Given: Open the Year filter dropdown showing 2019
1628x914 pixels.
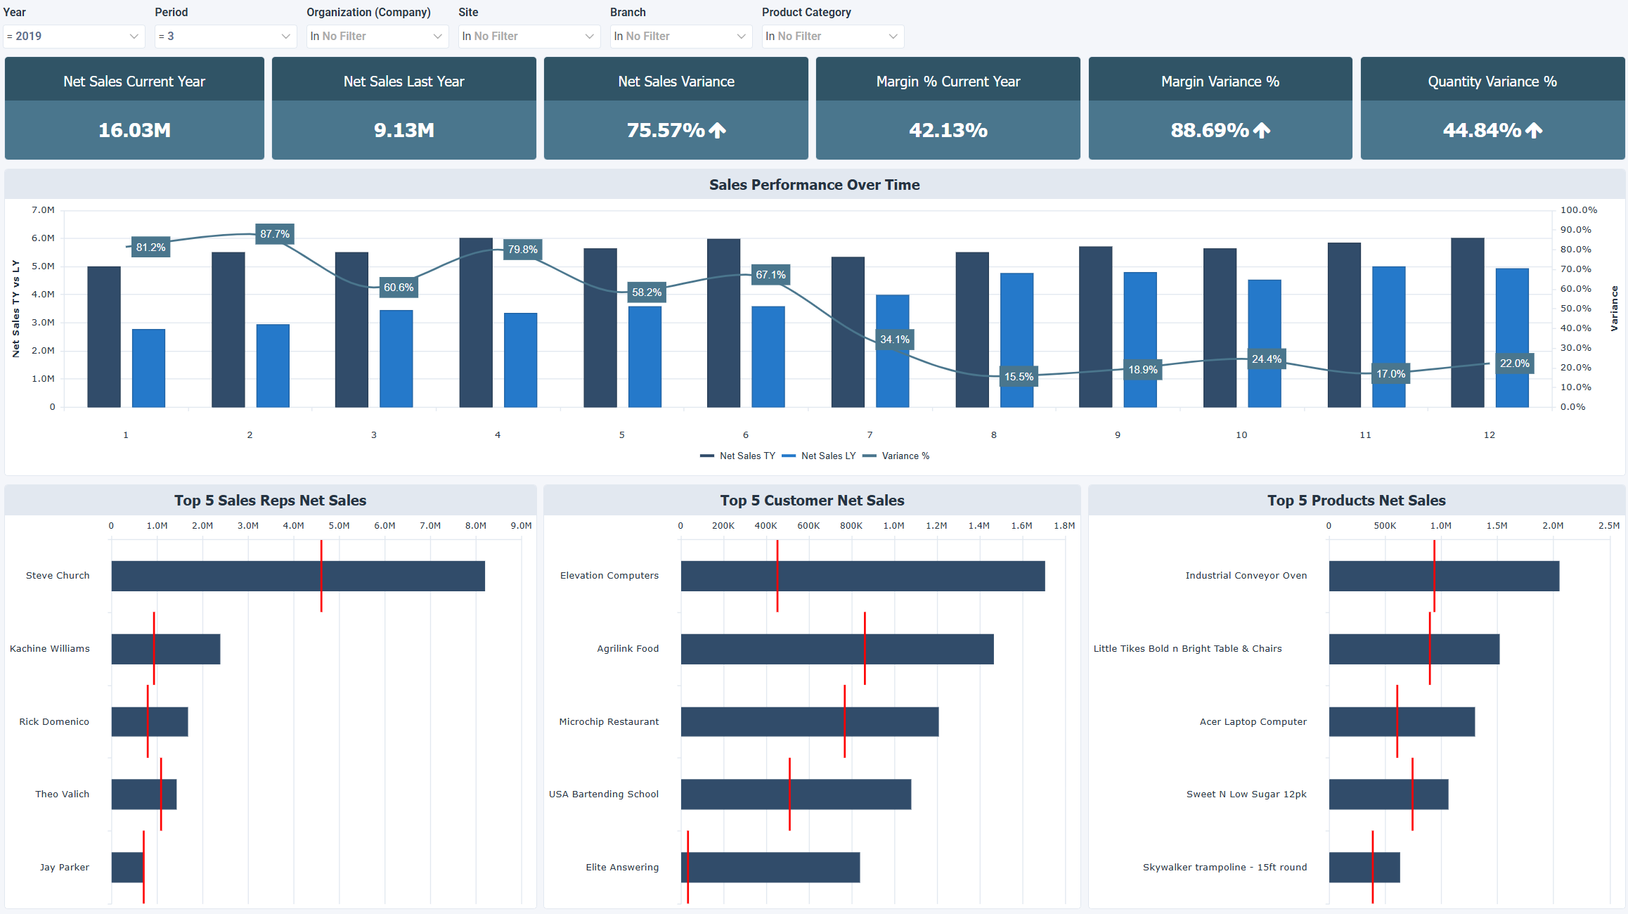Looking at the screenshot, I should pyautogui.click(x=74, y=36).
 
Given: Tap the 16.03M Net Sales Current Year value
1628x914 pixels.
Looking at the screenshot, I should pyautogui.click(x=134, y=130).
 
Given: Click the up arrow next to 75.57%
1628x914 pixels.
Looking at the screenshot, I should pyautogui.click(x=717, y=130).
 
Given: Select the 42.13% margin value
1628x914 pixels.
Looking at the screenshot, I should pyautogui.click(x=948, y=130).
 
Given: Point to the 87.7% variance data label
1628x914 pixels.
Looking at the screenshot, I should pyautogui.click(x=274, y=234).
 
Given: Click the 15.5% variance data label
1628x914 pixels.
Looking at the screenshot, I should pyautogui.click(x=1019, y=377).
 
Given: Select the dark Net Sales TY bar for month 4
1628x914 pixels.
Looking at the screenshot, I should pyautogui.click(x=476, y=323).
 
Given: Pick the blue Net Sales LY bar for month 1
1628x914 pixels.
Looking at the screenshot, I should pyautogui.click(x=148, y=368).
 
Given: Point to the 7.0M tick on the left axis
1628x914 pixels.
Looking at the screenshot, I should pyautogui.click(x=43, y=210).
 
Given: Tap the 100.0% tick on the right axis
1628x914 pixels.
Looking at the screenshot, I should pyautogui.click(x=1578, y=210).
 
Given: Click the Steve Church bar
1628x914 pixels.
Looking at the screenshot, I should pyautogui.click(x=298, y=576).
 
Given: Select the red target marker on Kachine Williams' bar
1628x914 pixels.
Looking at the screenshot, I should pyautogui.click(x=154, y=648).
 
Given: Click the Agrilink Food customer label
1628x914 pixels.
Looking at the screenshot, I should pyautogui.click(x=628, y=649).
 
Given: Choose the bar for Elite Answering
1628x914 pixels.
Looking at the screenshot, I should pyautogui.click(x=770, y=868).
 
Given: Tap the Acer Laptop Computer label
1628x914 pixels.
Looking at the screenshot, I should pyautogui.click(x=1253, y=722).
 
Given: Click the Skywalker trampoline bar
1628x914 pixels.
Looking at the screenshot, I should pyautogui.click(x=1364, y=868).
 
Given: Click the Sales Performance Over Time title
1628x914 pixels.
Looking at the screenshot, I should pyautogui.click(x=814, y=185).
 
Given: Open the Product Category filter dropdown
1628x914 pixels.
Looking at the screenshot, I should pyautogui.click(x=832, y=36).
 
